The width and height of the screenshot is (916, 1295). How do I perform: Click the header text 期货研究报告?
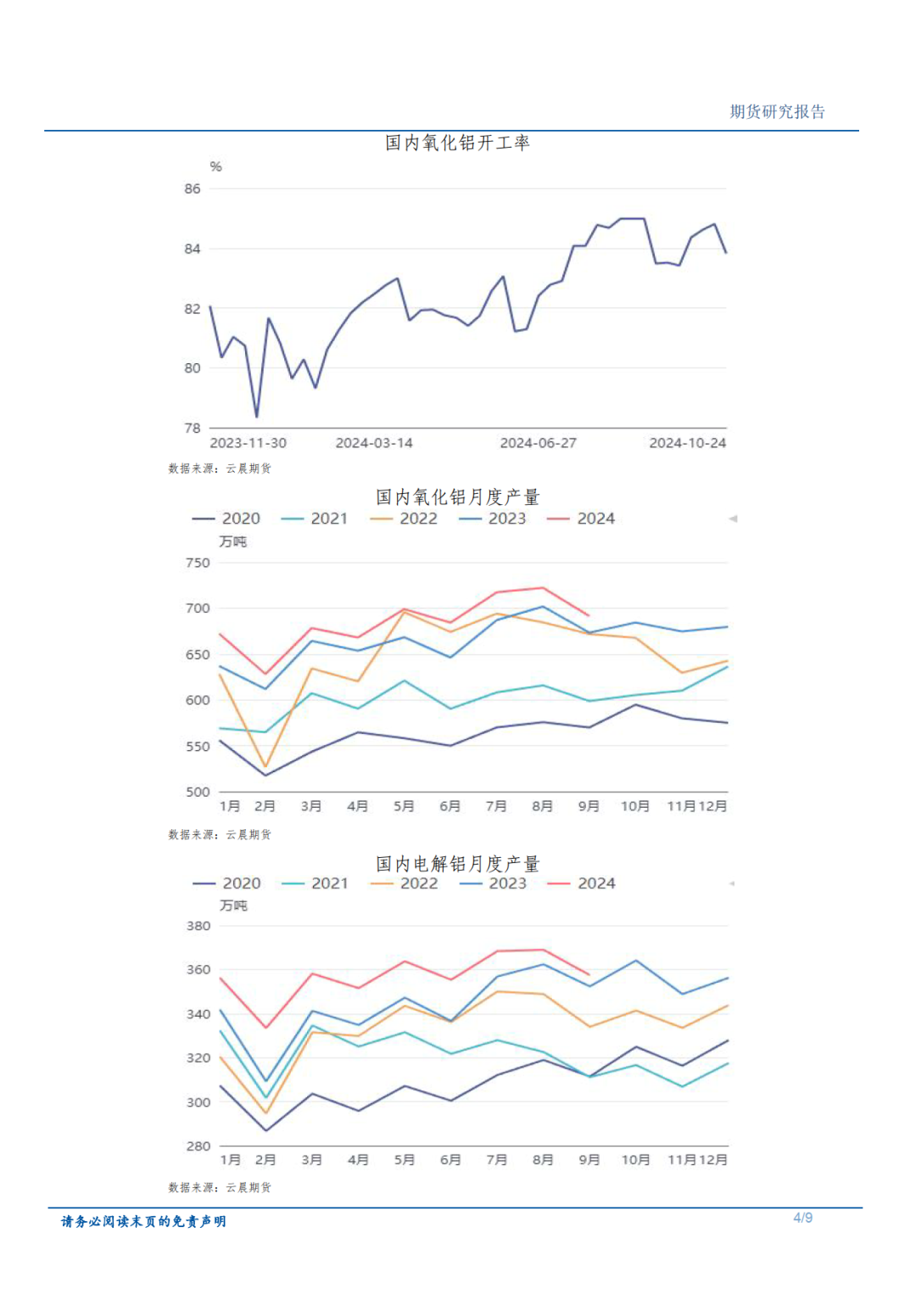[777, 111]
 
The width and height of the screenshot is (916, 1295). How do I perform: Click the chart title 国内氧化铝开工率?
[457, 143]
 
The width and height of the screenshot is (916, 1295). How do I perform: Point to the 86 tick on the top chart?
[193, 188]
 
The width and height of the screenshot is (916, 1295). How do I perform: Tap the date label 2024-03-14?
[374, 443]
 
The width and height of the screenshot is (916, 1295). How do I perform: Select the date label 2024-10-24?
[687, 443]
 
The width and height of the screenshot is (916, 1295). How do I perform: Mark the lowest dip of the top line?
[257, 416]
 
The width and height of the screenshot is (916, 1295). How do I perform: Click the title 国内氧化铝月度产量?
[457, 497]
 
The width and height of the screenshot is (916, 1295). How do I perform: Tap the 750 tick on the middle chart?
[198, 563]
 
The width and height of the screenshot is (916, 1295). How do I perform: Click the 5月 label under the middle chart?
[404, 806]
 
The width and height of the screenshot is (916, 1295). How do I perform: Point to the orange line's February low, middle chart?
[265, 766]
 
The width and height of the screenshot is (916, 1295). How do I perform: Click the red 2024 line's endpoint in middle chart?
[589, 615]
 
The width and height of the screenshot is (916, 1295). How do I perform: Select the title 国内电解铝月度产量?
[457, 864]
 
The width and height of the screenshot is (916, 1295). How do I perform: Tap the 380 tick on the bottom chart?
[198, 926]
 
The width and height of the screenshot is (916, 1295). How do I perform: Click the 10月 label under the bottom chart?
[635, 1159]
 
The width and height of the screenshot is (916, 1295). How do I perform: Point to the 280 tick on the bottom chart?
[198, 1146]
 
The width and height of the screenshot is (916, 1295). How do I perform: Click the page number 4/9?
[802, 1218]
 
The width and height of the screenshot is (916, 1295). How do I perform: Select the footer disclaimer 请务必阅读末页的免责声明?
[143, 1221]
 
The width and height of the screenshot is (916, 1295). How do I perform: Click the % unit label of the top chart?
[215, 166]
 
